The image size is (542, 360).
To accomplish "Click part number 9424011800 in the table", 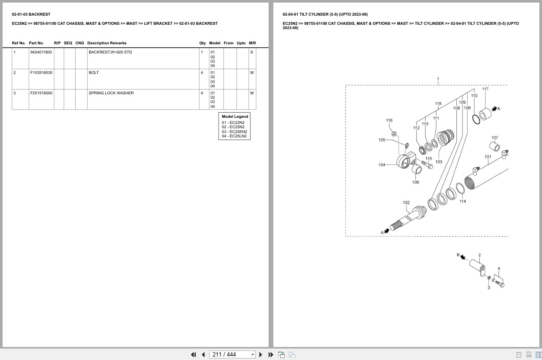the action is pos(41,52).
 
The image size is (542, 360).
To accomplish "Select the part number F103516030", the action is pos(41,73).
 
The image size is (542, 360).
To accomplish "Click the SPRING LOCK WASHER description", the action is pos(111,93).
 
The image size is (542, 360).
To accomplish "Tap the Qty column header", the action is pos(202,43).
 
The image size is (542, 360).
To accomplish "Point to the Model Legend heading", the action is pos(235,117).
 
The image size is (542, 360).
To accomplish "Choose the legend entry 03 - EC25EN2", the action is pos(234,132).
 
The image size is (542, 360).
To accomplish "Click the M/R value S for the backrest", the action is pos(252,52).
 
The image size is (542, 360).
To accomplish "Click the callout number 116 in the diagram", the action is pos(389,120).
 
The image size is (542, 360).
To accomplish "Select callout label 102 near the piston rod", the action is pos(406,203).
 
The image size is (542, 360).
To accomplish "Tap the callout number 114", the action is pos(462,201).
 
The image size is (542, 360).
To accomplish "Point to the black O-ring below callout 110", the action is pos(476,120).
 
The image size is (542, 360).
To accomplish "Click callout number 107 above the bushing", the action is pos(495,138).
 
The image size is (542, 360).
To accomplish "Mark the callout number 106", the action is pos(416,182).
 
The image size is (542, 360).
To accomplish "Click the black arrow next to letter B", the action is pos(462,257).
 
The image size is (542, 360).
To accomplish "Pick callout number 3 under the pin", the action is pos(489,288).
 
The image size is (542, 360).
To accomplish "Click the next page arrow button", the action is pos(261,355).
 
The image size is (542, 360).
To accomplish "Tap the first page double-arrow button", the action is pos(193,355).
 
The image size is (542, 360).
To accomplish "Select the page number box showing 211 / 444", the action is pos(232,355).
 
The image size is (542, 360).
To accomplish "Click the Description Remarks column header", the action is pos(107,43).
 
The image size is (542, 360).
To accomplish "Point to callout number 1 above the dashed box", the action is pos(438,79).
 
